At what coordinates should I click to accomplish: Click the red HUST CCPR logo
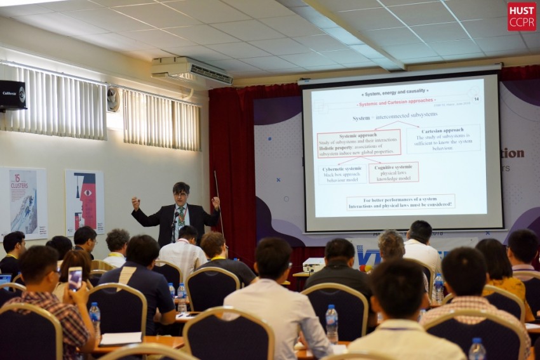click(x=521, y=16)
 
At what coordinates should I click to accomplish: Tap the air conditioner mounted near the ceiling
click(x=191, y=71)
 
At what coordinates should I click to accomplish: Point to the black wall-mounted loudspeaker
click(x=12, y=95)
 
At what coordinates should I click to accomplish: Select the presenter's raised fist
click(x=135, y=203)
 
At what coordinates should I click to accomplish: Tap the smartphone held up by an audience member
click(x=75, y=277)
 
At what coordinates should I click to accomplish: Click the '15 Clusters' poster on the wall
click(x=24, y=201)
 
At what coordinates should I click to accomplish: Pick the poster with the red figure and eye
click(x=84, y=201)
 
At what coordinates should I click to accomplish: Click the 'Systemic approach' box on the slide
click(x=359, y=143)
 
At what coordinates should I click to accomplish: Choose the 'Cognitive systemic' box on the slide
click(x=393, y=172)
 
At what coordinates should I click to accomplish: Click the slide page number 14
click(x=476, y=99)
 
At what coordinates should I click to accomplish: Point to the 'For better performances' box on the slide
click(x=400, y=203)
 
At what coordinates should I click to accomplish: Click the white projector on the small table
click(x=313, y=264)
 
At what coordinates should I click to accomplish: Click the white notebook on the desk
click(x=121, y=338)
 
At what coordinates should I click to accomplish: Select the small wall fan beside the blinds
click(x=113, y=99)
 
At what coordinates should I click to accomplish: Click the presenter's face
click(x=181, y=194)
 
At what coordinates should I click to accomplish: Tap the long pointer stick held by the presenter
click(x=219, y=203)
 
